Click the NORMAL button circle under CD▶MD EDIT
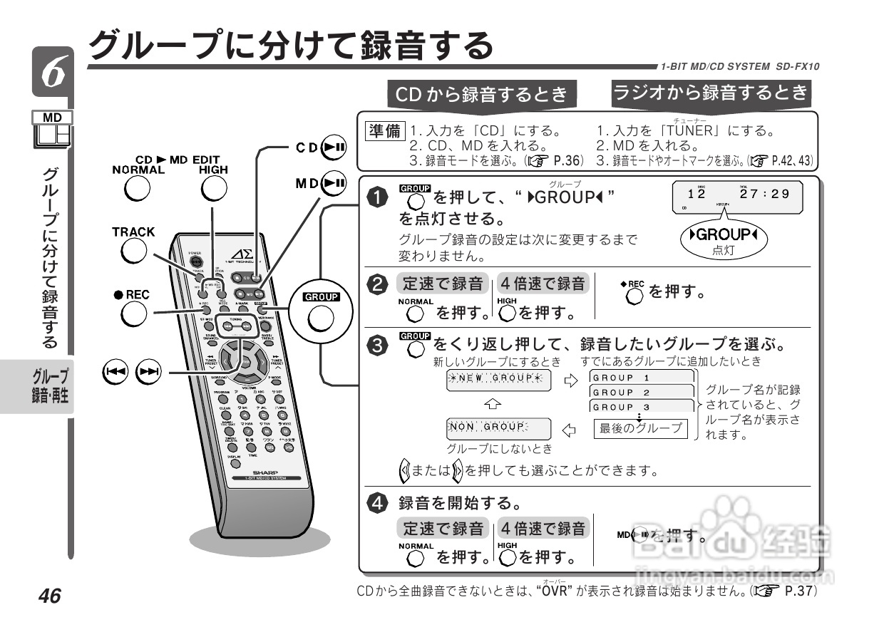[x=137, y=189]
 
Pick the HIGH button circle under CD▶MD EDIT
[x=213, y=189]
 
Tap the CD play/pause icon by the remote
[x=334, y=147]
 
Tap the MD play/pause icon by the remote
[x=334, y=183]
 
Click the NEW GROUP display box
[x=498, y=378]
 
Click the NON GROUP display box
[x=498, y=428]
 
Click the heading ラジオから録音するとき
[x=711, y=92]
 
